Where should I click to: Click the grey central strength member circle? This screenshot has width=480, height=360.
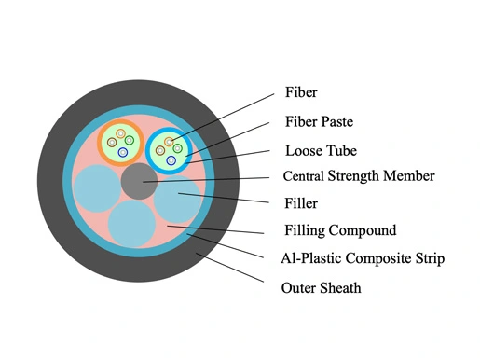(x=139, y=181)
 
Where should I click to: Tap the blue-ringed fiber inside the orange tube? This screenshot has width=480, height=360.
(x=123, y=152)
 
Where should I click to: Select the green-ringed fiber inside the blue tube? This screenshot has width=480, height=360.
(x=177, y=148)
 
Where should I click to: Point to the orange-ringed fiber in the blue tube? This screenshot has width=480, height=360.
(x=169, y=142)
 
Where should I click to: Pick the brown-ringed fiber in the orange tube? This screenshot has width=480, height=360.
(x=112, y=143)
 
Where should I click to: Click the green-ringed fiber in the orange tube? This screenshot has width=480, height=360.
(x=130, y=140)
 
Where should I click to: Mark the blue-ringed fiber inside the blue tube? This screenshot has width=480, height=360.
(x=171, y=160)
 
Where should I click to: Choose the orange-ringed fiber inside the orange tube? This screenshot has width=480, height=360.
(x=120, y=133)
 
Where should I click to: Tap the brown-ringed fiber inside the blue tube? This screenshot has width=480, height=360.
(x=160, y=151)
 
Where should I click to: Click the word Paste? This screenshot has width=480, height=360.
(x=337, y=121)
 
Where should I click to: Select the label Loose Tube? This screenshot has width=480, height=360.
(x=321, y=151)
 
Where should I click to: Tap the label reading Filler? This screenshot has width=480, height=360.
(x=301, y=203)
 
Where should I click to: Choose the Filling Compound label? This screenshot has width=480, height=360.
(x=340, y=230)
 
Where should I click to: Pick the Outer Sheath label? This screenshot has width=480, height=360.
(x=321, y=288)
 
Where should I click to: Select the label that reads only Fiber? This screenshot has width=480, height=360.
(x=301, y=92)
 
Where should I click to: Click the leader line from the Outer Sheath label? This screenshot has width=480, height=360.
(x=230, y=268)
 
